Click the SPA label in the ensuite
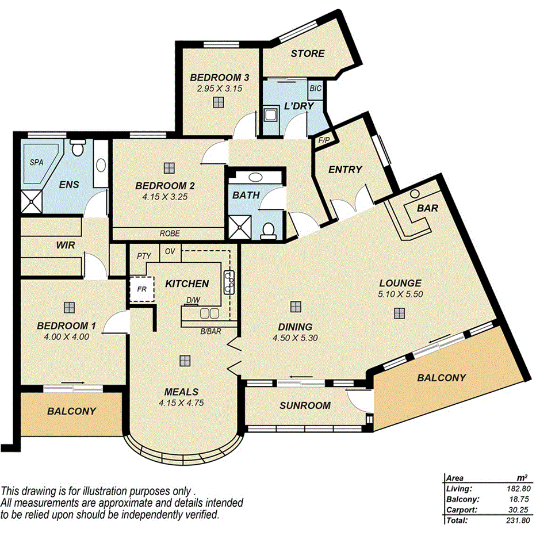(x=36, y=163)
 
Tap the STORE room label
(x=307, y=53)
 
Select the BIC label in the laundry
(x=315, y=88)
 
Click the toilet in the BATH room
(x=267, y=230)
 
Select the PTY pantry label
(x=144, y=255)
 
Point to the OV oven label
(x=170, y=251)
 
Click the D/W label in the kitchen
(x=193, y=300)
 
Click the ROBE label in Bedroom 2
(x=170, y=234)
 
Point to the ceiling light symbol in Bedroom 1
(x=69, y=307)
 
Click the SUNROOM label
(x=305, y=405)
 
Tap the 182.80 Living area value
(x=518, y=489)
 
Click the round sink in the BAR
(x=414, y=194)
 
